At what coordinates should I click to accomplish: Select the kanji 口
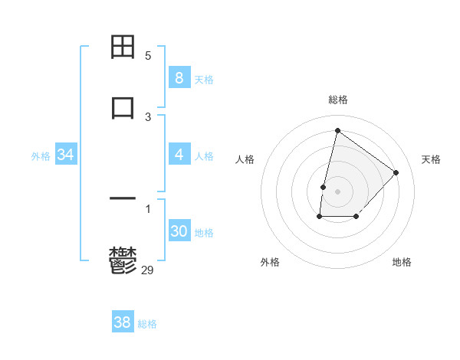123,106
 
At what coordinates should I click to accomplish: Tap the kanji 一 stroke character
123,199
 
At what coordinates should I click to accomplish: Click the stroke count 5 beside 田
148,56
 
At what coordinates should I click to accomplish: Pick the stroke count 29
148,269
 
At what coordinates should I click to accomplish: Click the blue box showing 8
179,77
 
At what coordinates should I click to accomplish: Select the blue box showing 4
179,155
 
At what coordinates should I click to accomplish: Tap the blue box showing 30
179,231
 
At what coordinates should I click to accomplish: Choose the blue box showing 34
66,155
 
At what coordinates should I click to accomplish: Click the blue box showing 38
122,322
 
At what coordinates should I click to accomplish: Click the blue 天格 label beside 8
204,79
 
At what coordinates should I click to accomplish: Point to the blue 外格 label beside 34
41,156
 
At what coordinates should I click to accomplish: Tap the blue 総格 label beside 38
147,324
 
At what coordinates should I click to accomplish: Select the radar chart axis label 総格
338,100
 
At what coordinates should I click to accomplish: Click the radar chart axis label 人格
245,159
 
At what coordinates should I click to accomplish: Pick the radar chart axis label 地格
402,262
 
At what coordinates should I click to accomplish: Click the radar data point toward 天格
396,172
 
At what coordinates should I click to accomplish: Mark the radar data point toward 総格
337,131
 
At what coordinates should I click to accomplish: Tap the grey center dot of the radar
337,191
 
